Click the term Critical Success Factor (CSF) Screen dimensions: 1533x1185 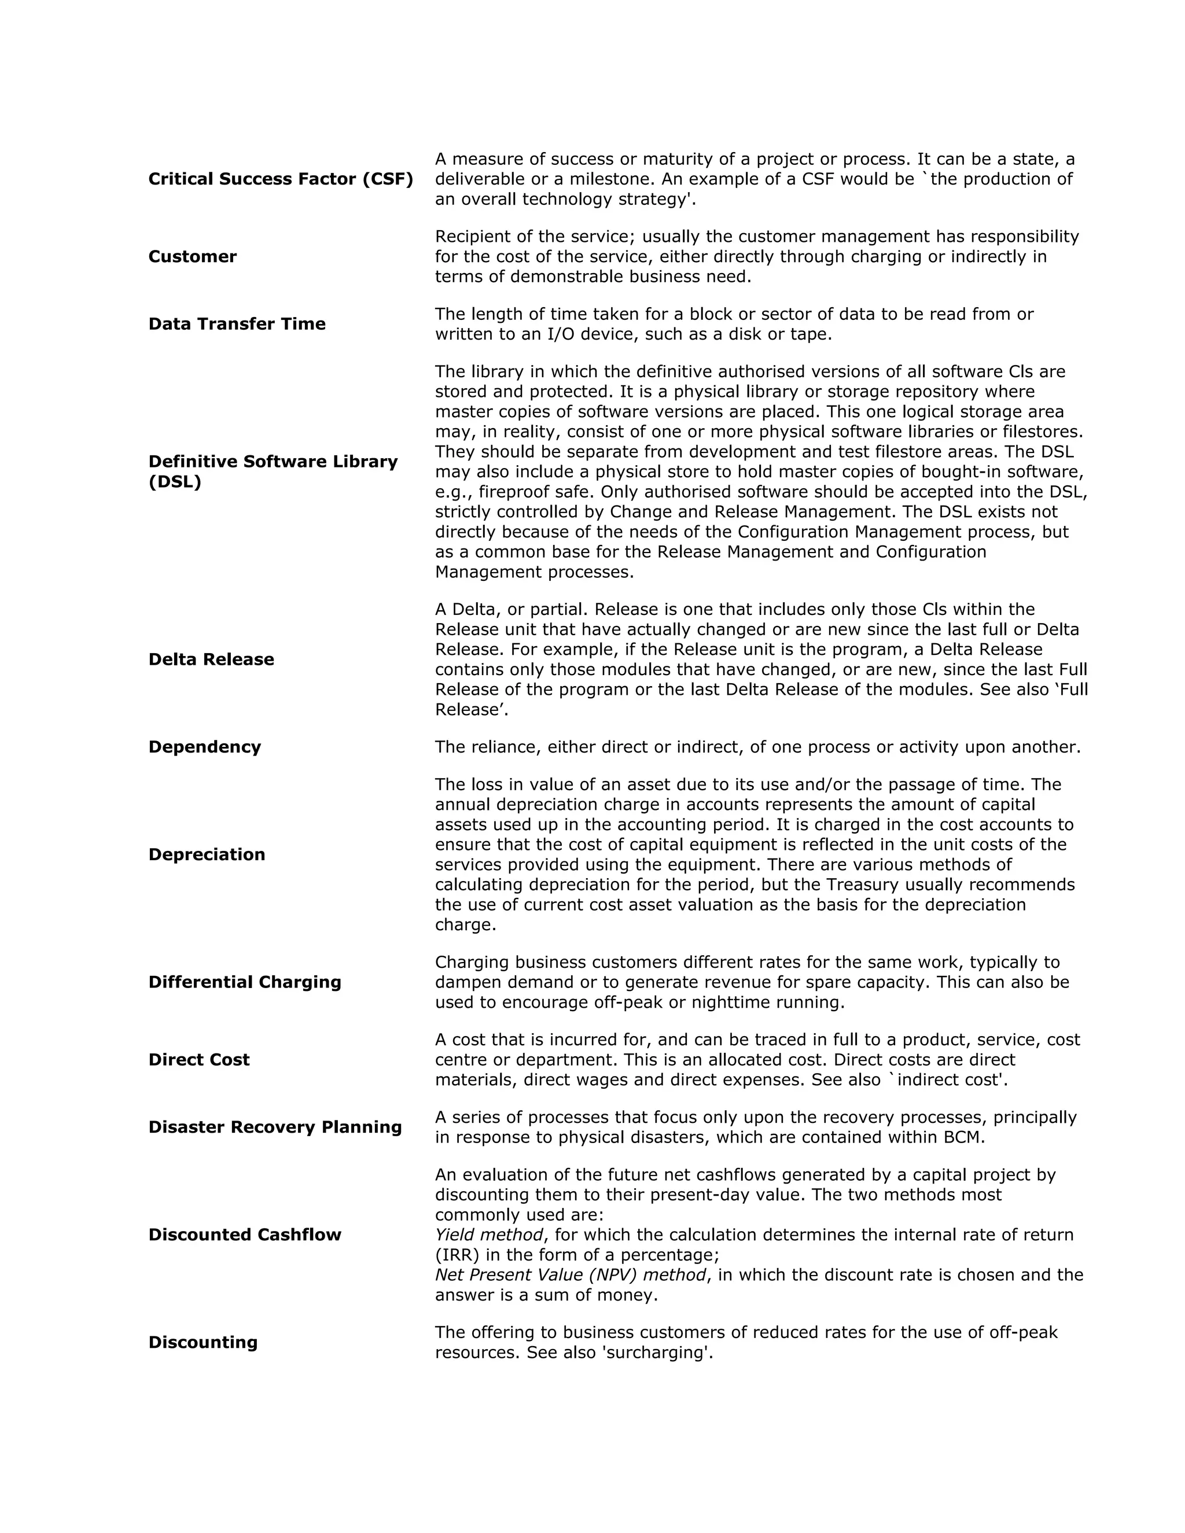[x=281, y=179]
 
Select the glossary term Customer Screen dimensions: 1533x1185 [x=192, y=256]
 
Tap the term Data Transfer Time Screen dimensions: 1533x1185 [x=237, y=323]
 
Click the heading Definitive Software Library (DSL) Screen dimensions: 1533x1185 [x=273, y=471]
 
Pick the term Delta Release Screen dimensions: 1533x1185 [x=211, y=659]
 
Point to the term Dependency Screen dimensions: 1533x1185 [x=204, y=746]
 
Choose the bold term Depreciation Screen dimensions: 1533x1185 [x=207, y=854]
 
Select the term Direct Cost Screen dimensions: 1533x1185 [x=198, y=1059]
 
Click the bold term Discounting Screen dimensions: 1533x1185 [x=203, y=1342]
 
